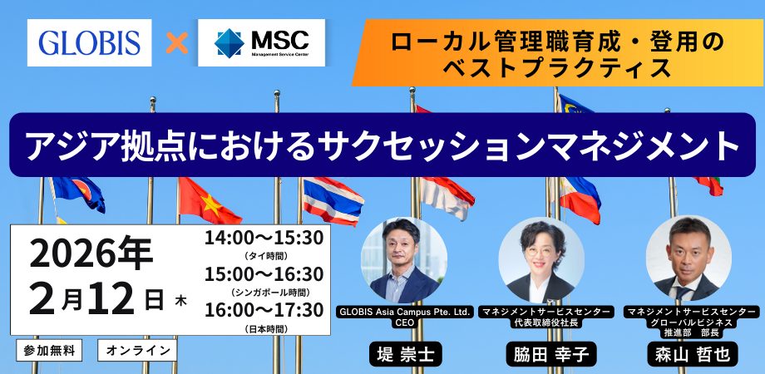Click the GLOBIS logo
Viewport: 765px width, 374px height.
(89, 42)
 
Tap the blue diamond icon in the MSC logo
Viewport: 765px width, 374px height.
(229, 43)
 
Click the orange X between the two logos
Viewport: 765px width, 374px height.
(176, 43)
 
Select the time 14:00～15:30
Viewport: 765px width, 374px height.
(264, 238)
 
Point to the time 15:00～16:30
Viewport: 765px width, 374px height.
(264, 274)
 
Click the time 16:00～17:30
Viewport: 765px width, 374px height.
(264, 310)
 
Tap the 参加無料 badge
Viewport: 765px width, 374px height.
(49, 350)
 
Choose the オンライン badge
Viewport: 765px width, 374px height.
(137, 350)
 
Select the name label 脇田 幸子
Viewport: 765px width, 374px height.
(547, 354)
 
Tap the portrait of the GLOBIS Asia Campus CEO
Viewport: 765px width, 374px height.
(403, 260)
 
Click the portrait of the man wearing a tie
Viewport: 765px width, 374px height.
(688, 258)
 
